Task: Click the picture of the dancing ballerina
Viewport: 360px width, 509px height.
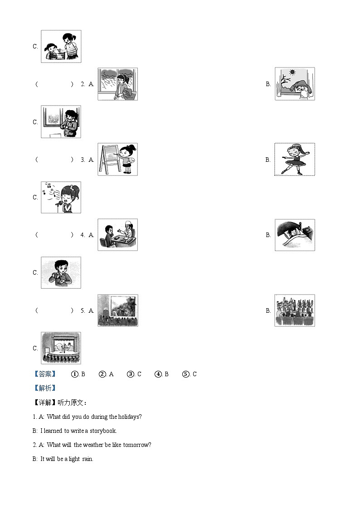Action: [294, 159]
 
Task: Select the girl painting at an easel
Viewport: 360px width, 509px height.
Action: [117, 159]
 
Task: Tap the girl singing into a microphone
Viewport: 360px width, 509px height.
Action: [61, 197]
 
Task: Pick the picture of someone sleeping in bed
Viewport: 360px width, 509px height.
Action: [294, 235]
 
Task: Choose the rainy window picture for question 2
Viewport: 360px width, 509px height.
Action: [117, 84]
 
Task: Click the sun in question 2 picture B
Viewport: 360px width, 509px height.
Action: [292, 72]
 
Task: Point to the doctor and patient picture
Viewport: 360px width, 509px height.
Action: [117, 235]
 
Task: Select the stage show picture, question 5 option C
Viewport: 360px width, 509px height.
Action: [61, 348]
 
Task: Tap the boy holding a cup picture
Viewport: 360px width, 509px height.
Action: [61, 272]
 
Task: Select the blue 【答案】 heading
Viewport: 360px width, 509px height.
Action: [45, 374]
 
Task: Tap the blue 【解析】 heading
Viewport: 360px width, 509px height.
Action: [45, 388]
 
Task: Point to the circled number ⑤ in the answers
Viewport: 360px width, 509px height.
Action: [185, 374]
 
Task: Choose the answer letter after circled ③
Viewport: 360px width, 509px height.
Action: [139, 374]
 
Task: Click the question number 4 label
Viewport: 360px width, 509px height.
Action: [83, 235]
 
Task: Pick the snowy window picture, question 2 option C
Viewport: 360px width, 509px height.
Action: [61, 121]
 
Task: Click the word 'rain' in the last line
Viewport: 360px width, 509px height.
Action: [87, 459]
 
